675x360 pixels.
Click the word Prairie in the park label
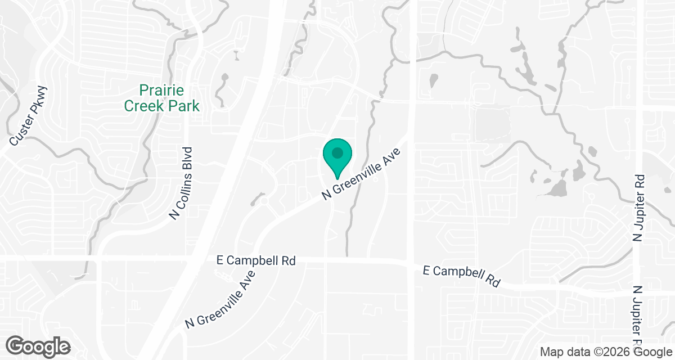[162, 90]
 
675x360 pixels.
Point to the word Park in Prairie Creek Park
[183, 105]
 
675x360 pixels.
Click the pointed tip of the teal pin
[337, 179]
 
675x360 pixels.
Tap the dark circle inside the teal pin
[337, 152]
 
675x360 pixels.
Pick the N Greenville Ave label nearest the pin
[361, 174]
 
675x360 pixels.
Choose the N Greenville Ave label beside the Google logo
[221, 300]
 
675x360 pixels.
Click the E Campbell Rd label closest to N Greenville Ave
[256, 261]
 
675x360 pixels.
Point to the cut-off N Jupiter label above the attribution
[637, 315]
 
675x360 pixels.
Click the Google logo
[38, 346]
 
